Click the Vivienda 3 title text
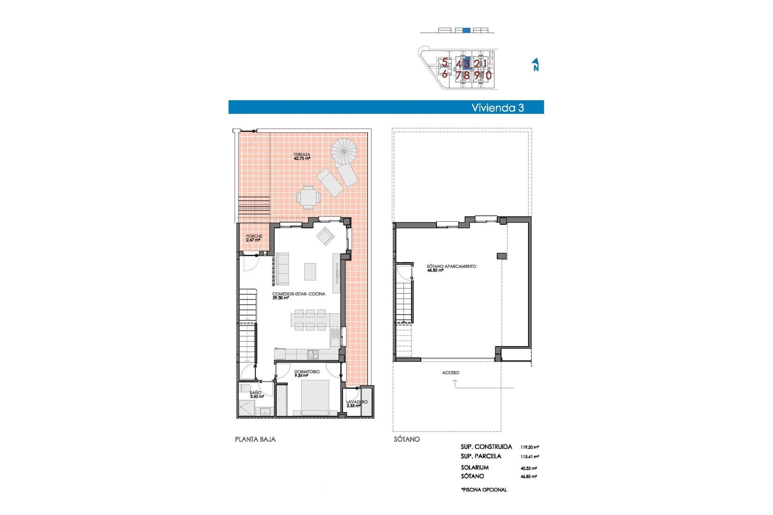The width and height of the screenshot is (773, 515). click(x=498, y=108)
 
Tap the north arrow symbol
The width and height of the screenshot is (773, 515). click(x=535, y=64)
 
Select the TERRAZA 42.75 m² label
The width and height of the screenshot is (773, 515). click(x=302, y=157)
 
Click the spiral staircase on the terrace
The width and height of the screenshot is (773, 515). click(x=344, y=151)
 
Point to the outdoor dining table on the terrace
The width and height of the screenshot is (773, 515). click(x=308, y=197)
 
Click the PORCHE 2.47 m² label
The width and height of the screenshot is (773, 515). click(x=254, y=238)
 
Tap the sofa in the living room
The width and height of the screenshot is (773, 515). click(x=282, y=269)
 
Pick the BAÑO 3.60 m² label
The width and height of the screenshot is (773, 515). click(x=256, y=394)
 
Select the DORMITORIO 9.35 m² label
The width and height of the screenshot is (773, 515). click(x=306, y=373)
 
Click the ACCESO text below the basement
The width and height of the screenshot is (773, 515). click(x=451, y=373)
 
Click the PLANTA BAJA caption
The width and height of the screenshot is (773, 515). click(x=255, y=439)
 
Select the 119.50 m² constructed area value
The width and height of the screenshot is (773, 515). click(x=529, y=447)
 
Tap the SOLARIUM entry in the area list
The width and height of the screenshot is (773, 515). click(x=475, y=468)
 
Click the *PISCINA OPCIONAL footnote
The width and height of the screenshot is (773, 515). click(x=484, y=490)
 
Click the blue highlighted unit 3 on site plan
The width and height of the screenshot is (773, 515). click(x=467, y=63)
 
